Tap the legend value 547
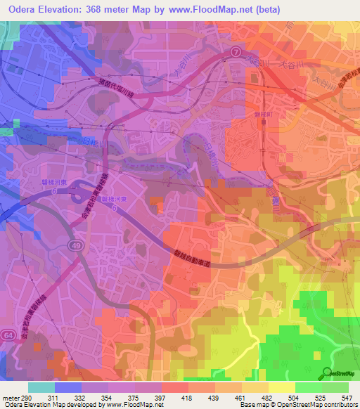[349, 398]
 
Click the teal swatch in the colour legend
[41, 387]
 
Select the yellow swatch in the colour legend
[282, 387]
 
